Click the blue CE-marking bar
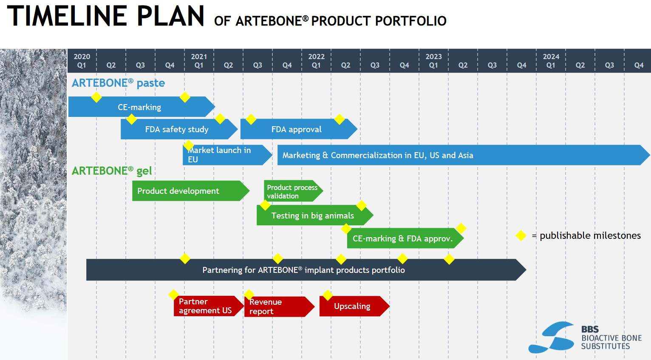click(x=139, y=107)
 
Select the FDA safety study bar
click(x=177, y=129)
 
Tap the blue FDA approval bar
click(x=297, y=129)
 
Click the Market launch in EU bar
click(x=225, y=155)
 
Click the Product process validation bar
click(x=292, y=191)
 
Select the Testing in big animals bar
click(x=313, y=215)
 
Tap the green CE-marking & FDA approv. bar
click(x=403, y=238)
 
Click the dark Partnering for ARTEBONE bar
click(x=303, y=270)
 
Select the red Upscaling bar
click(x=352, y=306)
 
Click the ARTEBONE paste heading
click(x=118, y=83)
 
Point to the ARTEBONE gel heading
click(x=112, y=171)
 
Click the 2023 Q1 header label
click(x=433, y=61)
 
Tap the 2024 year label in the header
click(x=551, y=57)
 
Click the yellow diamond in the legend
click(x=521, y=235)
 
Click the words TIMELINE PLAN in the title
click(x=106, y=17)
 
